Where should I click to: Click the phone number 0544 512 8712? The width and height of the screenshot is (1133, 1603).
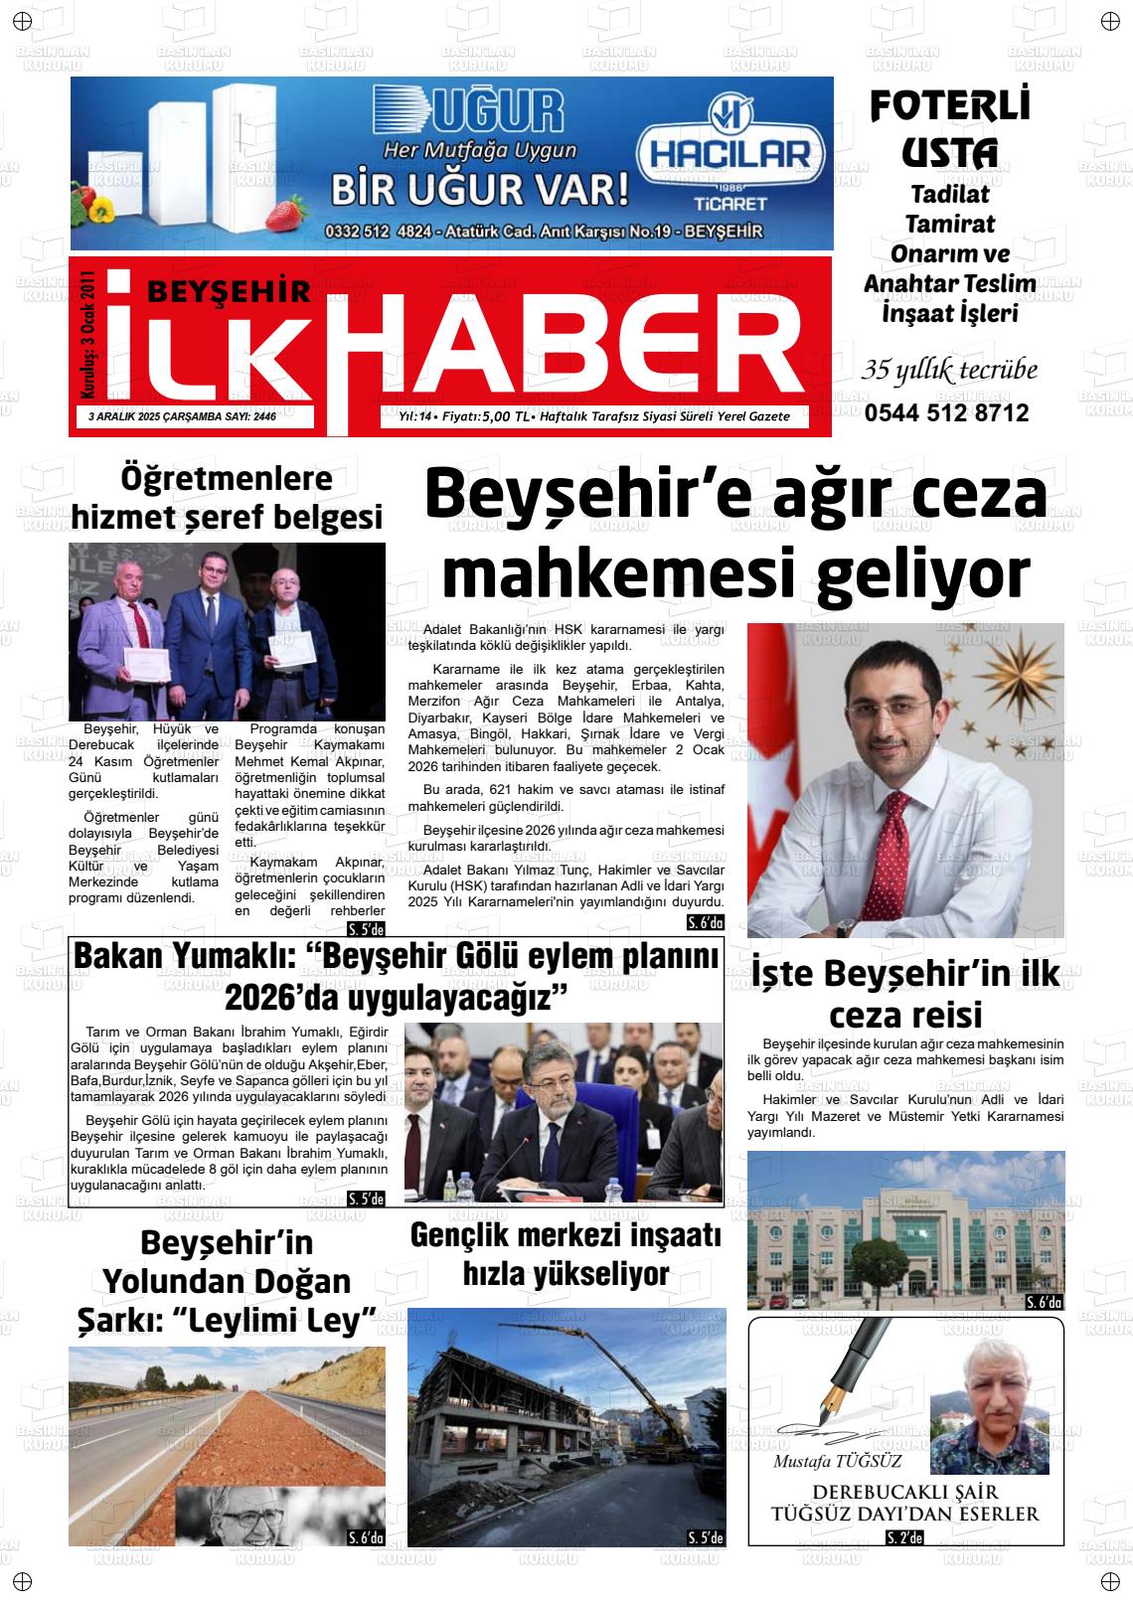[x=946, y=413]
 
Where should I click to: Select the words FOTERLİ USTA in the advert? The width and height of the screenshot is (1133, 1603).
[x=949, y=128]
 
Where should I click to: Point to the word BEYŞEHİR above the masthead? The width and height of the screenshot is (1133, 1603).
[x=229, y=290]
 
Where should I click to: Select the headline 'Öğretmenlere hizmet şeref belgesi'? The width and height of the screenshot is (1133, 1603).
[x=227, y=498]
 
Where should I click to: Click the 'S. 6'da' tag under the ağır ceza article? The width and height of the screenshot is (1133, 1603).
[x=706, y=923]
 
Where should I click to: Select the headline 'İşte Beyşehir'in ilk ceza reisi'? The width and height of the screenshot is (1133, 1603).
[x=905, y=994]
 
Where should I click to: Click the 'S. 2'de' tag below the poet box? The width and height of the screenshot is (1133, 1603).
[x=904, y=1538]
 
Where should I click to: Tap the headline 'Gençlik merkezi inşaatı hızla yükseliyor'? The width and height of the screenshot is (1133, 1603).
[x=566, y=1254]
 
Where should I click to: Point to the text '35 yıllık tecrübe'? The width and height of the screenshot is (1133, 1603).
[x=949, y=371]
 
